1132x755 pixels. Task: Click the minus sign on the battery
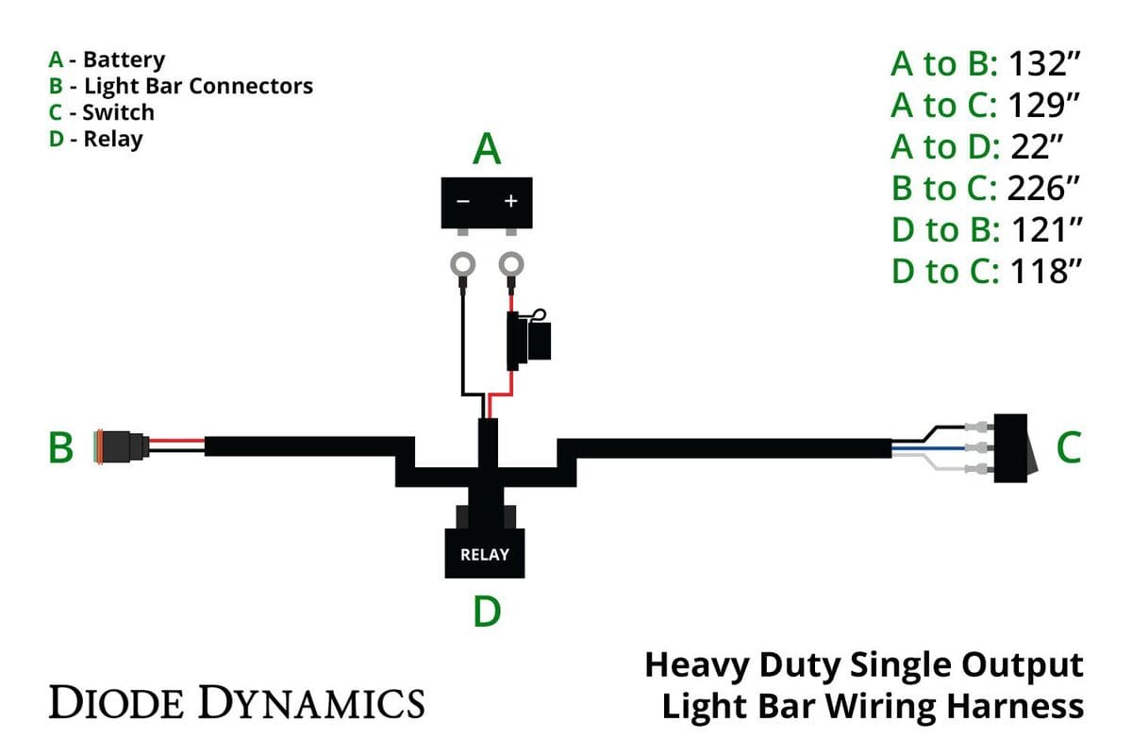click(x=463, y=202)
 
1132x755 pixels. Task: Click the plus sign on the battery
click(x=511, y=202)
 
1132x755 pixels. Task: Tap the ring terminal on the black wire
click(x=463, y=265)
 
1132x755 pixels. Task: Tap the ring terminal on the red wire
click(x=511, y=265)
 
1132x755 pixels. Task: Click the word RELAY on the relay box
click(x=485, y=555)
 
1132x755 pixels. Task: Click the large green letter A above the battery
click(x=487, y=149)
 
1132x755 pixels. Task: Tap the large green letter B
click(x=60, y=448)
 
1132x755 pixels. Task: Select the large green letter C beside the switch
click(x=1068, y=448)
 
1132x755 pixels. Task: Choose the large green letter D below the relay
click(x=487, y=612)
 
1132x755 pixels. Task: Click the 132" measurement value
click(x=1043, y=65)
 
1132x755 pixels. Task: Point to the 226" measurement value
click(x=1042, y=188)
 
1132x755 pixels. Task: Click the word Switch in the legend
click(x=118, y=112)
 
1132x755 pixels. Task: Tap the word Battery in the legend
click(x=124, y=59)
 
